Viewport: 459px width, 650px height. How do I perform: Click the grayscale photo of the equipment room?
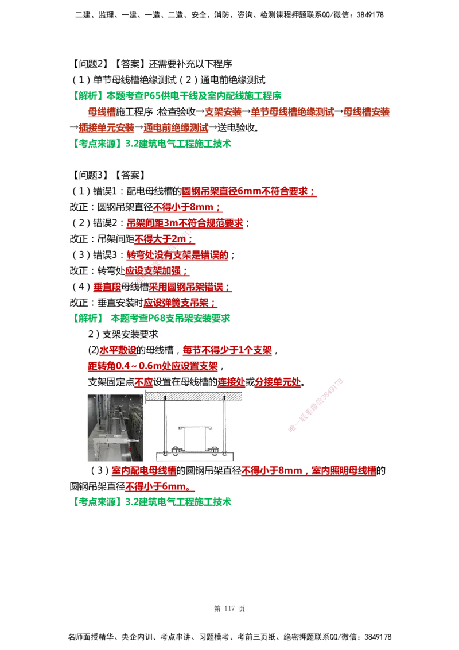pyautogui.click(x=114, y=427)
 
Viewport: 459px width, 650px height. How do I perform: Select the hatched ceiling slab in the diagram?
pyautogui.click(x=193, y=396)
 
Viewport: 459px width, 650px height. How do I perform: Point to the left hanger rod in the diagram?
pyautogui.click(x=165, y=425)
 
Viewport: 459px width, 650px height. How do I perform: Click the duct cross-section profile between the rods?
pyautogui.click(x=193, y=438)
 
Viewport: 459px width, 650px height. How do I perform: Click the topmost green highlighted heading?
pyautogui.click(x=178, y=95)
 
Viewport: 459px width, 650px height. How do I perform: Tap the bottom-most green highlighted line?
pyautogui.click(x=154, y=502)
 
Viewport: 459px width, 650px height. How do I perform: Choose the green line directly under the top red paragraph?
pyautogui.click(x=154, y=144)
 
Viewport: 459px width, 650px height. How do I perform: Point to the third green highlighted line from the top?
pyautogui.click(x=154, y=318)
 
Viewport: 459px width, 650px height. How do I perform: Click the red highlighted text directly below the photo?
pyautogui.click(x=143, y=471)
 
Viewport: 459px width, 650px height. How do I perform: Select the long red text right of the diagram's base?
pyautogui.click(x=309, y=471)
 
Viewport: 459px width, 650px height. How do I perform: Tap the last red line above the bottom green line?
pyautogui.click(x=160, y=487)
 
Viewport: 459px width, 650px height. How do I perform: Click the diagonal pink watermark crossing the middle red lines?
pyautogui.click(x=164, y=253)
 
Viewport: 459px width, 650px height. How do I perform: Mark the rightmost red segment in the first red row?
pyautogui.click(x=366, y=113)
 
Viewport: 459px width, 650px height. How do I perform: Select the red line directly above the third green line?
pyautogui.click(x=178, y=302)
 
